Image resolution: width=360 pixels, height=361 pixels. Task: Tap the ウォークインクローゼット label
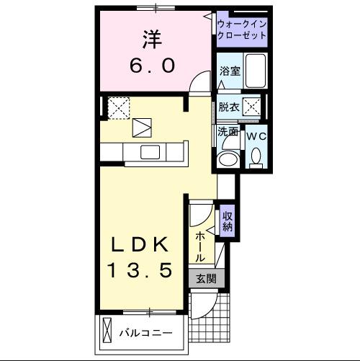point(242,30)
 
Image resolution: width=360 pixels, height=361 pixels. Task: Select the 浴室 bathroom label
point(229,71)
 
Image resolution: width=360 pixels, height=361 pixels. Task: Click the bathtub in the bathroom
point(256,71)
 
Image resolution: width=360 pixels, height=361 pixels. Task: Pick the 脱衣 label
point(229,107)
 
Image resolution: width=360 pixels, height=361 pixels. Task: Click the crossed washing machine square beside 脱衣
point(251,107)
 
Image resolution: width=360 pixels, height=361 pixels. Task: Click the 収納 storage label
point(227,220)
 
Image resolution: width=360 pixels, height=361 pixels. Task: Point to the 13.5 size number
point(140,270)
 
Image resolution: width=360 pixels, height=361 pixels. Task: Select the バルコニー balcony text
point(146,334)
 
